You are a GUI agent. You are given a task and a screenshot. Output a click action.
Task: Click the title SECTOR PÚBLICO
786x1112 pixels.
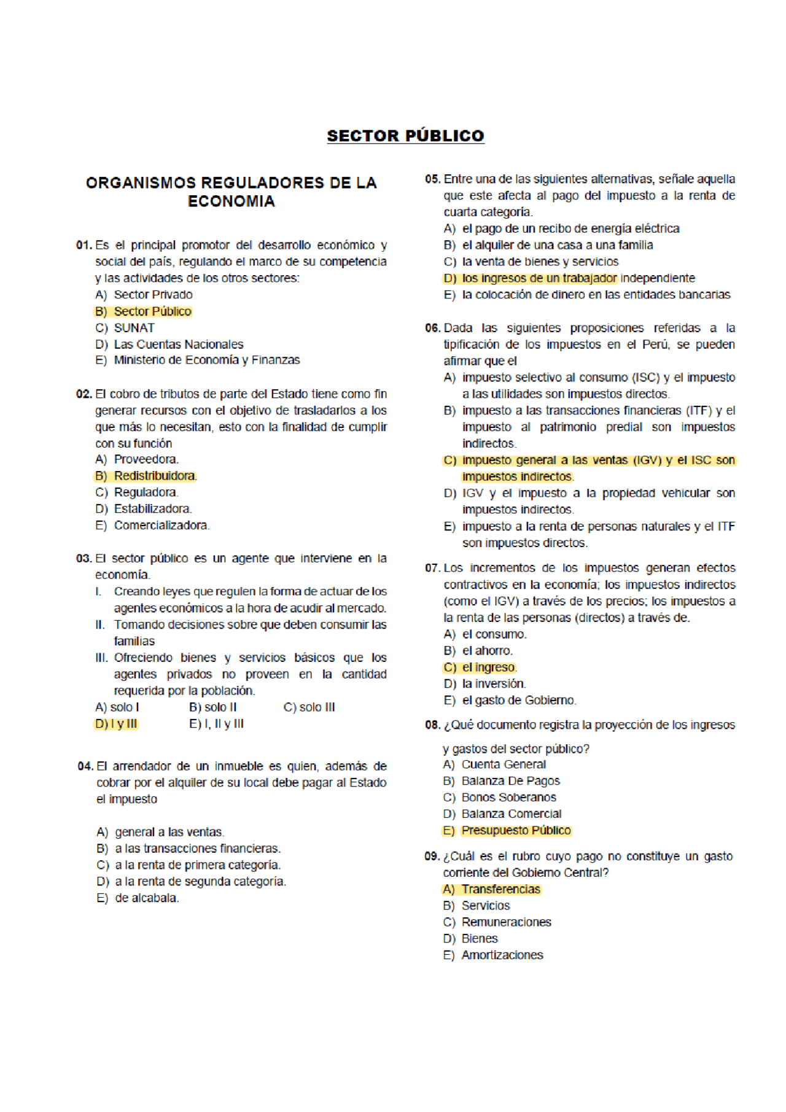tap(405, 136)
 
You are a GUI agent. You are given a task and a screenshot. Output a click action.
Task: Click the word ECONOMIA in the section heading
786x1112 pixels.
tap(231, 201)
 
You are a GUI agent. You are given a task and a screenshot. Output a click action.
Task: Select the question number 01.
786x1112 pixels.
tap(84, 245)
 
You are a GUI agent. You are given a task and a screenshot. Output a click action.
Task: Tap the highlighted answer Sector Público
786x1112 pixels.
tap(152, 311)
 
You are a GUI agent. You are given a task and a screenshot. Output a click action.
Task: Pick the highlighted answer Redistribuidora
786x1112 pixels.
tap(155, 476)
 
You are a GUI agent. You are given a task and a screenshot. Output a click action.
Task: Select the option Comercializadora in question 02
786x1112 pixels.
tap(161, 525)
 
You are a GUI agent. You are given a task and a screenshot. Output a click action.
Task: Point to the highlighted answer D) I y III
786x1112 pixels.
tap(117, 724)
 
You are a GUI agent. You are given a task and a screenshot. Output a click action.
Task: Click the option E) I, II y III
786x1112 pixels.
tap(216, 724)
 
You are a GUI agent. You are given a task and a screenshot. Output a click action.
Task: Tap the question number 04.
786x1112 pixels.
tap(85, 766)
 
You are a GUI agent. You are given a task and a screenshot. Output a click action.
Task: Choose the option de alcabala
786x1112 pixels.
tap(146, 898)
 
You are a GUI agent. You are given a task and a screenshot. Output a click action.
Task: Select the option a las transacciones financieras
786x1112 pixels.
tap(197, 848)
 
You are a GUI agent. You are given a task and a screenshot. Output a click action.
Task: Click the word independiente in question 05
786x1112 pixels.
tap(657, 278)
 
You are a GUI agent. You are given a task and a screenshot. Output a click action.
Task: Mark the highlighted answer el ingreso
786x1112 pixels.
tap(489, 667)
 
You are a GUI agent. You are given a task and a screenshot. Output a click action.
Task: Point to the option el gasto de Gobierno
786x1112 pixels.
tap(519, 700)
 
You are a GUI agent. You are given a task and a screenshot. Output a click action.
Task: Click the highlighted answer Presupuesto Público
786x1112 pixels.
tap(516, 830)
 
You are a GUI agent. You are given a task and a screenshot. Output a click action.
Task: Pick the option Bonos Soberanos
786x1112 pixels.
tap(508, 797)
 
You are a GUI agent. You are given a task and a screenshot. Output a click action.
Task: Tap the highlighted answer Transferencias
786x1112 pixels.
tap(500, 889)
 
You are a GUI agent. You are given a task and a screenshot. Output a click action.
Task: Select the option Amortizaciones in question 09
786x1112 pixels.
tap(502, 955)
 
